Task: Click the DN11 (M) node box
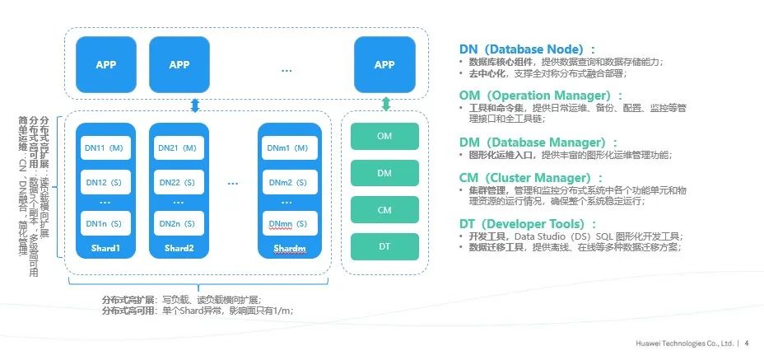[104, 148]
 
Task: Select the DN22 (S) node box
[177, 182]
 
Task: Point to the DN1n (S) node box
[104, 223]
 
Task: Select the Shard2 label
[177, 248]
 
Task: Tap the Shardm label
[289, 248]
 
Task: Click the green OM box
[384, 136]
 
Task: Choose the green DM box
[384, 173]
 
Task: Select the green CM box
[384, 210]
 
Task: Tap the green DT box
[384, 246]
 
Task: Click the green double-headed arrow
[385, 104]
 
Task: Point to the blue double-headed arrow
[195, 104]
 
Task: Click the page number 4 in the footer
[746, 344]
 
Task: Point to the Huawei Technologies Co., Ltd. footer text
[682, 344]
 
